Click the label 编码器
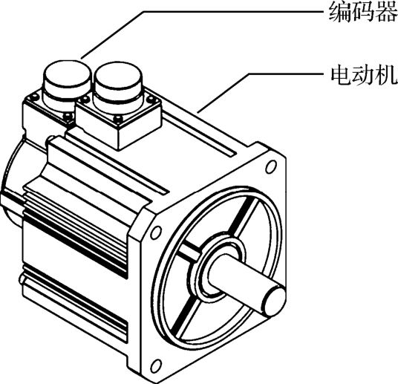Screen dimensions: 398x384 [363, 11]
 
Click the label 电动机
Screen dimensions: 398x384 [364, 75]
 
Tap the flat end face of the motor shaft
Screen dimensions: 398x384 [276, 301]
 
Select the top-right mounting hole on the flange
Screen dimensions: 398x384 [271, 167]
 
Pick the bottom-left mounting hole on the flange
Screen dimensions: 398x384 [155, 365]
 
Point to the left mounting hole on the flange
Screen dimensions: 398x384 [155, 232]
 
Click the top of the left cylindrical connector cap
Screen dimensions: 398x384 [68, 73]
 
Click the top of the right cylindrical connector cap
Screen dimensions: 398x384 [118, 74]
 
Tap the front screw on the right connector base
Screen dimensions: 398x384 [118, 119]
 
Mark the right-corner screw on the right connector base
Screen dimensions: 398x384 [151, 98]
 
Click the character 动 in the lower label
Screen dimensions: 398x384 [364, 75]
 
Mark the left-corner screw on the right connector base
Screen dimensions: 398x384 [85, 99]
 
